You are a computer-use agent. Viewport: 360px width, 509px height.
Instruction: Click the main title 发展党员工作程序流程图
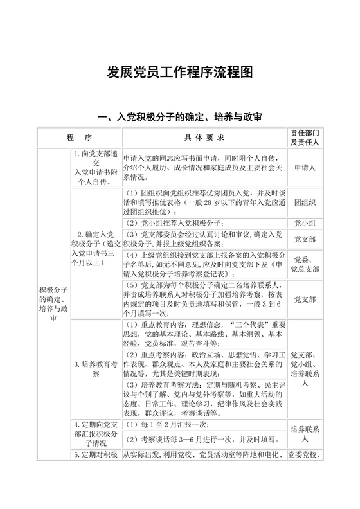(180, 72)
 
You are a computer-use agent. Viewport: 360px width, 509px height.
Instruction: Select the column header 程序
(79, 138)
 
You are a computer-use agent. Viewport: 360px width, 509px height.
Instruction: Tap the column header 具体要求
(203, 138)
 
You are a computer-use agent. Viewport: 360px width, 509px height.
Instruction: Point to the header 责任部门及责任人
(305, 138)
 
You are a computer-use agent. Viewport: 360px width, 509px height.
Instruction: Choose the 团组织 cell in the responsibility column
(305, 202)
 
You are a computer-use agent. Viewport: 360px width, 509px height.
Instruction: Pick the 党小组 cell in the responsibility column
(305, 222)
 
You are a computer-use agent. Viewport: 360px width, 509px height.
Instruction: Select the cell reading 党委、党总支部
(305, 263)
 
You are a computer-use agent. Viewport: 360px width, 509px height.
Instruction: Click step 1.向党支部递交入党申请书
(95, 168)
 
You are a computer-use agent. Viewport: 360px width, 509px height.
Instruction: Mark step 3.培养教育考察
(95, 368)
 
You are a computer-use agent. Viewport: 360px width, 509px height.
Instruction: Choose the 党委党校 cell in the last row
(305, 456)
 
